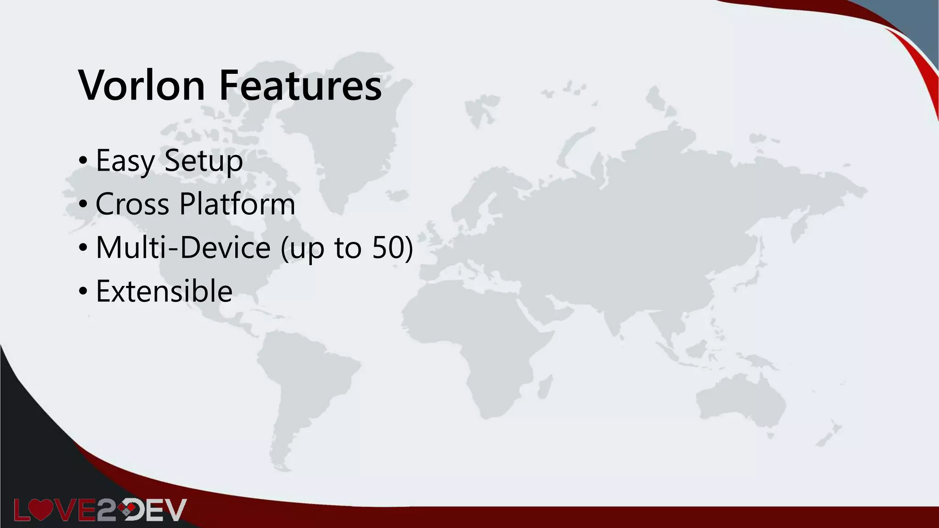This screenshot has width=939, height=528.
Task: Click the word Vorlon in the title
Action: [142, 85]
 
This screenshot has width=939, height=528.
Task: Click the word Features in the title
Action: [300, 85]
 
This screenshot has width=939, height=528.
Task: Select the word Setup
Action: [203, 160]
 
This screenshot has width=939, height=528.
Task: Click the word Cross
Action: [132, 203]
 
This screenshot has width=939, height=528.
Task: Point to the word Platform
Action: [237, 203]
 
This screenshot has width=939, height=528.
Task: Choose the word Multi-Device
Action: [183, 247]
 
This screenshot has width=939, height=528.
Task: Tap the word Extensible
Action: [164, 291]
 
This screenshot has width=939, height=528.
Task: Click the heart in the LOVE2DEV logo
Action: [41, 510]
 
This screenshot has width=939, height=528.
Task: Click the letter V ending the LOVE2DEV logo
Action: [176, 510]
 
